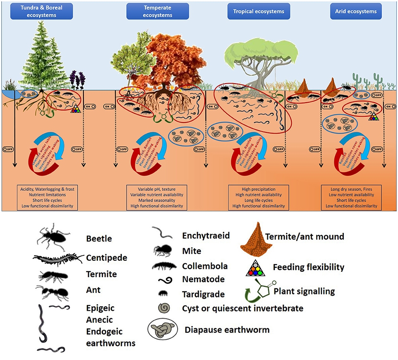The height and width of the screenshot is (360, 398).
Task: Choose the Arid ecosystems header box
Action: [x=356, y=11]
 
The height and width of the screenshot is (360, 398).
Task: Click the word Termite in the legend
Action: [x=101, y=274]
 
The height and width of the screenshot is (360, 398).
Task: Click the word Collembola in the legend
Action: [x=205, y=266]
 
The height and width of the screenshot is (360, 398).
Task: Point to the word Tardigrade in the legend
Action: [x=203, y=294]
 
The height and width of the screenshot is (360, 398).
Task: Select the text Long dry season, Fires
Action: [x=351, y=189]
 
